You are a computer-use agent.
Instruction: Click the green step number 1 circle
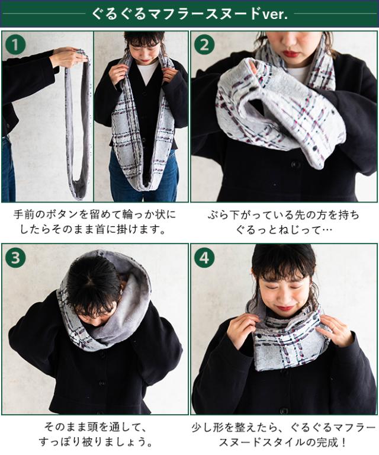coord(15,44)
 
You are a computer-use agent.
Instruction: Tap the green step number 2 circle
coord(204,44)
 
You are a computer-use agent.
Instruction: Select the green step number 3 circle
coord(15,257)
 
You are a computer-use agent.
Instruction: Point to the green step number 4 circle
coord(204,257)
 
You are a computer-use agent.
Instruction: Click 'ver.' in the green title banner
coord(275,14)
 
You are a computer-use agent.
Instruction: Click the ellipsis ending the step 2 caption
coord(326,230)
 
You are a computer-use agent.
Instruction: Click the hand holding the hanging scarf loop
coord(68,57)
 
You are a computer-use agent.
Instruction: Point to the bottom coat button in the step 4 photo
coord(284,411)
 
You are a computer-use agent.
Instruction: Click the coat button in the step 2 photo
coord(296,165)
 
